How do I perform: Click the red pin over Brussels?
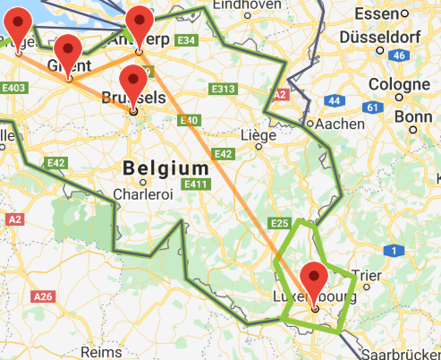(133, 83)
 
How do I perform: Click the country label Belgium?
(165, 168)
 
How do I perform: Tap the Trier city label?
(369, 274)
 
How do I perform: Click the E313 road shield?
(222, 89)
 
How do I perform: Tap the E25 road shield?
(279, 222)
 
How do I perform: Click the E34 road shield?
(187, 41)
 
